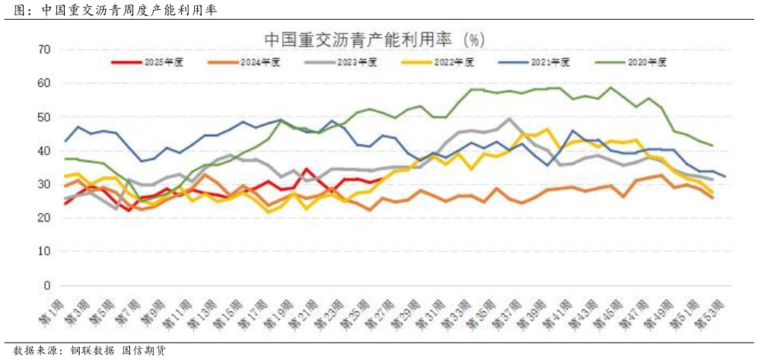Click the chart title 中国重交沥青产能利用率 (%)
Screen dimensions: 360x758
[x=374, y=39]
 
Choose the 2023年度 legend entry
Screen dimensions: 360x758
[x=342, y=62]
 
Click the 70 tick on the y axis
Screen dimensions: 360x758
[x=43, y=50]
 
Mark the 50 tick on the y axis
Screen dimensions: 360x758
[x=43, y=117]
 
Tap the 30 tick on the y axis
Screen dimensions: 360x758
[x=43, y=184]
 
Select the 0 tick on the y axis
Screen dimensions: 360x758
[x=46, y=285]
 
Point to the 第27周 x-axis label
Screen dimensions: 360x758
[x=379, y=309]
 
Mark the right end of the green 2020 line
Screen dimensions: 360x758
[x=712, y=145]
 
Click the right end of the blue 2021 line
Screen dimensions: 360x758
[x=725, y=177]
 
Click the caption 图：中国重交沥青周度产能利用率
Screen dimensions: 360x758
[x=114, y=11]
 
